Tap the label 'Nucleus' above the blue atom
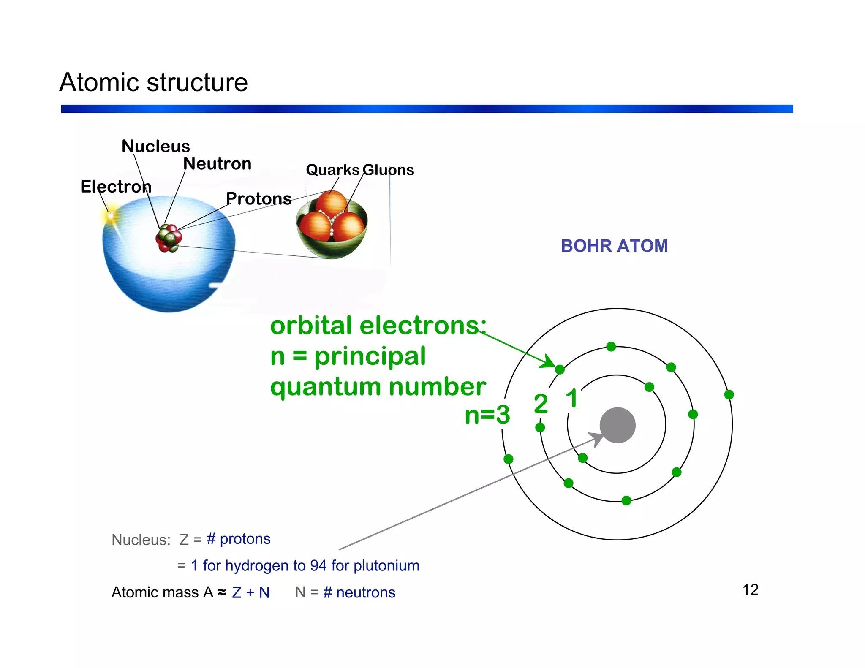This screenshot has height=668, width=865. coord(155,146)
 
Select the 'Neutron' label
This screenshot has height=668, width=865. coord(217,163)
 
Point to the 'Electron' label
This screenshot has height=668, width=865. coord(116,186)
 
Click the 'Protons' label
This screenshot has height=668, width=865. coord(258,198)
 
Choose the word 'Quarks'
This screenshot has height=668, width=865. coord(332,170)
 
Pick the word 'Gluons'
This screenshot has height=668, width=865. coord(388,170)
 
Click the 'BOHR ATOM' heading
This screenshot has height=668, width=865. coord(614,246)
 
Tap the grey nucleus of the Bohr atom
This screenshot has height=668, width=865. coord(617,425)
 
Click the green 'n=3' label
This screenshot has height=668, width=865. coord(487,415)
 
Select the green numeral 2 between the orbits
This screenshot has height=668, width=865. coord(541,404)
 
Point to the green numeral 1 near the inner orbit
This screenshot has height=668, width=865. coord(572,398)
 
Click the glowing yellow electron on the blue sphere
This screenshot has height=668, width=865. coord(111,216)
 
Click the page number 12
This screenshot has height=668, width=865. coord(750,590)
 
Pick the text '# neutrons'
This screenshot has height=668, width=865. coord(359,592)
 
